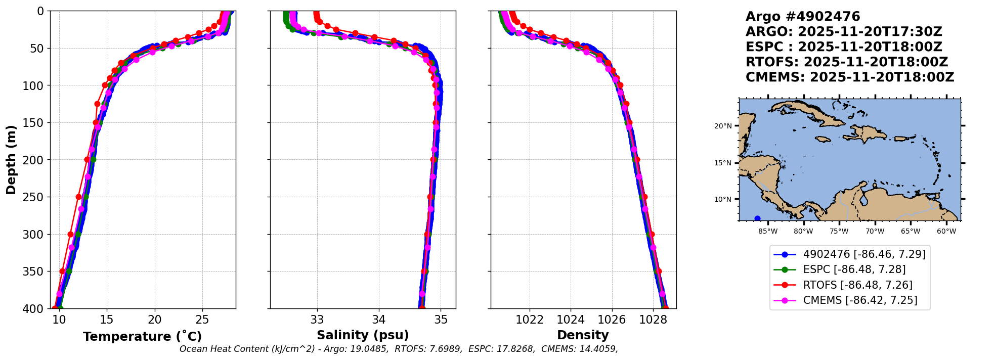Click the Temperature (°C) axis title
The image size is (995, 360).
pyautogui.click(x=142, y=337)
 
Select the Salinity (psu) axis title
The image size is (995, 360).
pyautogui.click(x=363, y=335)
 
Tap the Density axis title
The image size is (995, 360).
pyautogui.click(x=583, y=335)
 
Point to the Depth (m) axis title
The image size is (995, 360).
pyautogui.click(x=11, y=160)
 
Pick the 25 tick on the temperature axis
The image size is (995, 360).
pyautogui.click(x=202, y=320)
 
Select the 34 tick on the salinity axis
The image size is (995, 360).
pyautogui.click(x=379, y=320)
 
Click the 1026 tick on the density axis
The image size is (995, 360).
pyautogui.click(x=612, y=320)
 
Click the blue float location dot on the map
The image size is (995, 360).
pyautogui.click(x=757, y=219)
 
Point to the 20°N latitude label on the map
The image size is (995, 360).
pyautogui.click(x=723, y=126)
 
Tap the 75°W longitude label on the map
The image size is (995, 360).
pyautogui.click(x=839, y=232)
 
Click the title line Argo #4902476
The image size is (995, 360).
pyautogui.click(x=802, y=17)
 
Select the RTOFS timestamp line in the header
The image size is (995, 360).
pyautogui.click(x=846, y=62)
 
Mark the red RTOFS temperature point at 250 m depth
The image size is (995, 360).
pyautogui.click(x=78, y=197)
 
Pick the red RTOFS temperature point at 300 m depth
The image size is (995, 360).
pyautogui.click(x=70, y=235)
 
